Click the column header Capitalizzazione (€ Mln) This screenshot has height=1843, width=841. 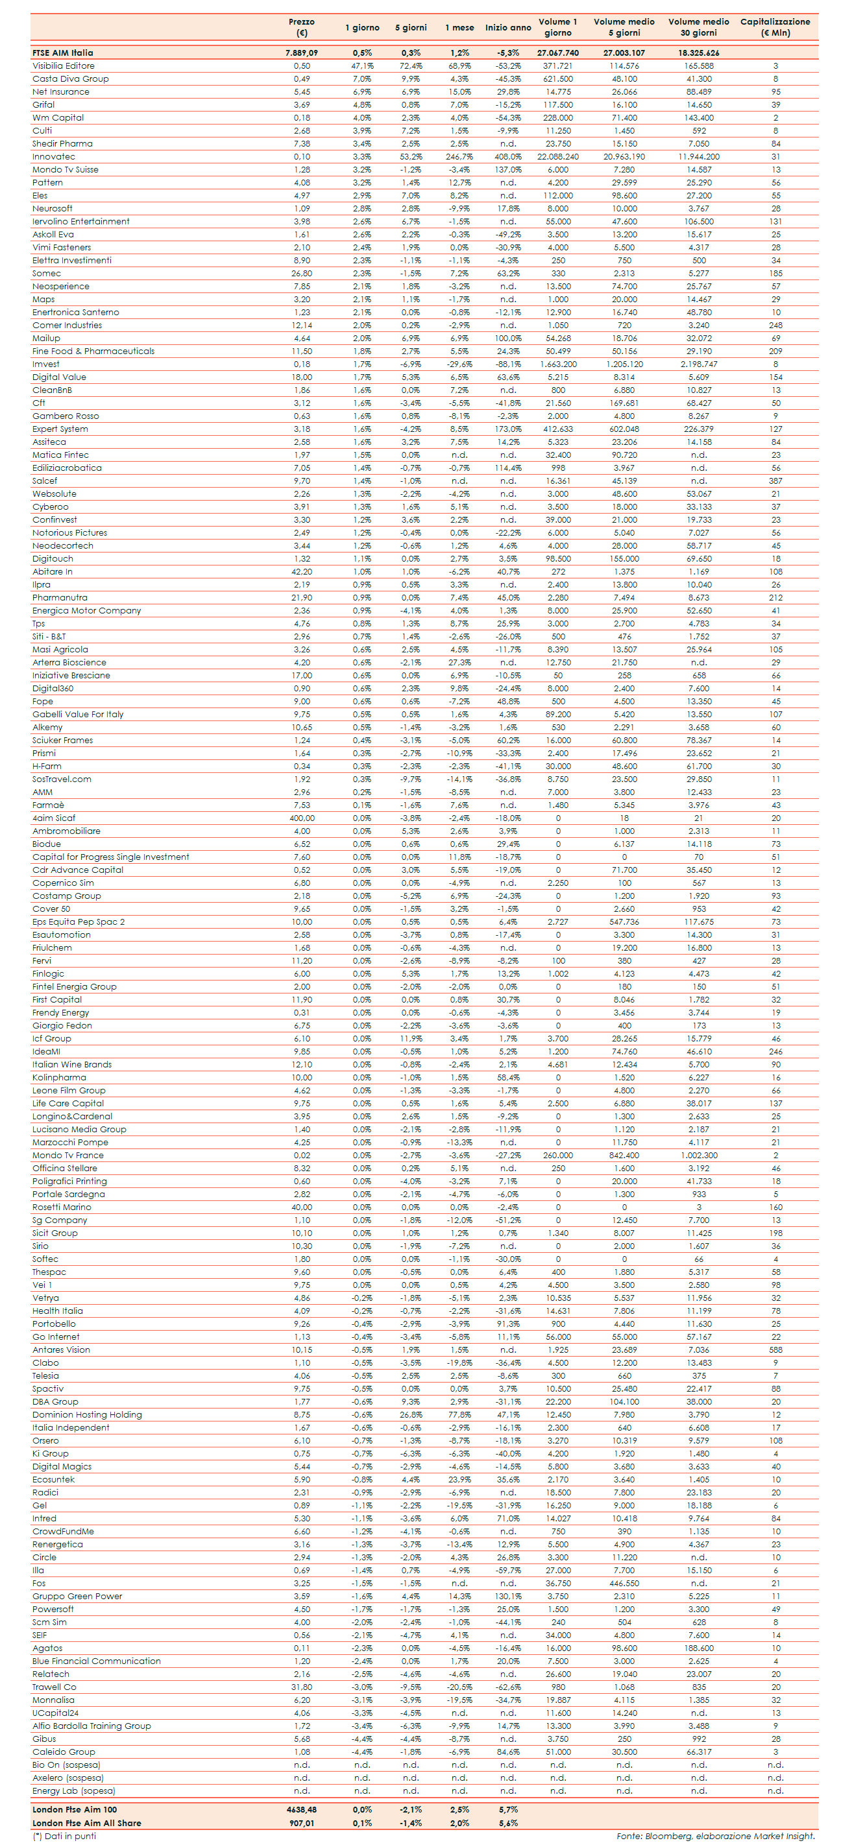click(x=775, y=27)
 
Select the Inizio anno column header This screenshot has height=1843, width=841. click(x=507, y=28)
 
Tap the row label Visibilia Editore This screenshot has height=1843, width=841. click(x=63, y=66)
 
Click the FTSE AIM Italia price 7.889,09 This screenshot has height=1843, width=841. click(x=301, y=53)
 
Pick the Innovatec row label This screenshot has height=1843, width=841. click(x=54, y=157)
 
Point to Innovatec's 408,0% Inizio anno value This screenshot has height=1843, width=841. click(x=507, y=157)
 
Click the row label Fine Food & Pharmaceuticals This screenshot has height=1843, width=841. click(x=93, y=351)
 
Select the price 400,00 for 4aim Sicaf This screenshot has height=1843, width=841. click(x=301, y=818)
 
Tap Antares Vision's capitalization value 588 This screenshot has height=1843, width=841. click(x=775, y=1350)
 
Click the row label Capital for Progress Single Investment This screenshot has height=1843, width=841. click(x=111, y=857)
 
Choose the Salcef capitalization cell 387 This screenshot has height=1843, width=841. click(x=775, y=481)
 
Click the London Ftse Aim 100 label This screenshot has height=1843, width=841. click(x=75, y=1809)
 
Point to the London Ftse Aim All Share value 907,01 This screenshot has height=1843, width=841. click(x=301, y=1822)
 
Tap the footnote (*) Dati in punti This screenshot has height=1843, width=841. click(x=64, y=1836)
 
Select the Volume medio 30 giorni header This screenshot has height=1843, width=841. click(x=699, y=27)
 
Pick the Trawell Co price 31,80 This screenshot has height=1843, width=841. click(x=301, y=1686)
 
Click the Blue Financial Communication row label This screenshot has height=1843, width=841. click(x=97, y=1661)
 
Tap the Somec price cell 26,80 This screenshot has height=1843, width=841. click(x=301, y=273)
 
